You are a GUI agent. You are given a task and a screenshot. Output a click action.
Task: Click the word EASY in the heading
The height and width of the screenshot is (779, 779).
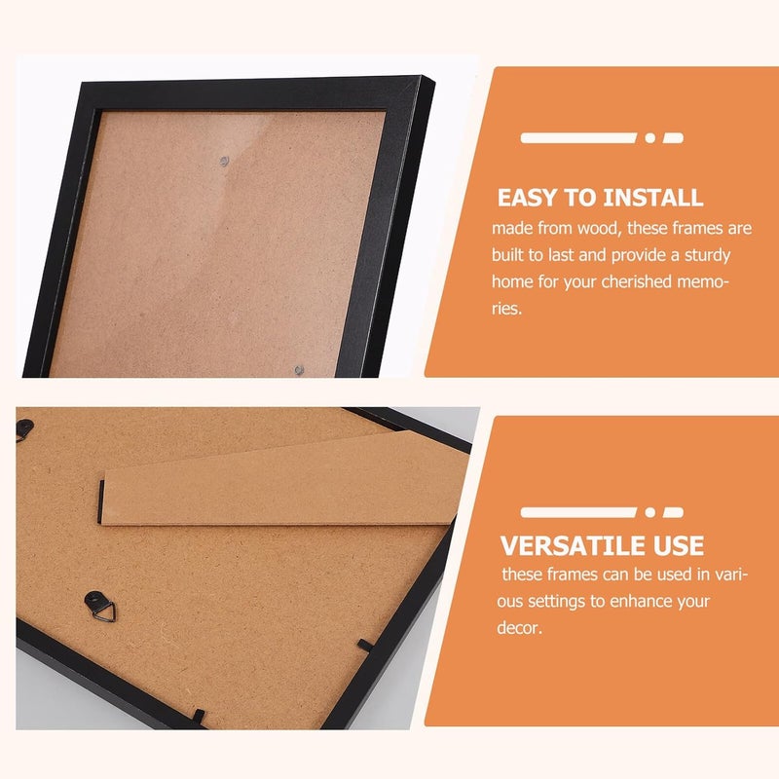tap(528, 198)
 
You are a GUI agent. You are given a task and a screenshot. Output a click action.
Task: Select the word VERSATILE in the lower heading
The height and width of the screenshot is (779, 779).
tap(573, 546)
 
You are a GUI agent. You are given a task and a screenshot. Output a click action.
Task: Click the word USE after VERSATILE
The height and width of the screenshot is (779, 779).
tap(679, 546)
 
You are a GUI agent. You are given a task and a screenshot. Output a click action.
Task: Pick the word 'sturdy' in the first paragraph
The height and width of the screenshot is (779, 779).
tap(708, 256)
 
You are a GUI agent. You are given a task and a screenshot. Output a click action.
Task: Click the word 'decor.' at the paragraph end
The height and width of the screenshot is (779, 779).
tap(519, 628)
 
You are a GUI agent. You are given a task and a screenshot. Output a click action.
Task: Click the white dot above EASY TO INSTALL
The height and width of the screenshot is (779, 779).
tap(649, 138)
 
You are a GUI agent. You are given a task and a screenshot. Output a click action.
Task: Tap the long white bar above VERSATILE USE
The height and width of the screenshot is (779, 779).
tap(578, 512)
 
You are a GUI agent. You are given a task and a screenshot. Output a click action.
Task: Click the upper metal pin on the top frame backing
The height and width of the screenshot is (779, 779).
tap(224, 161)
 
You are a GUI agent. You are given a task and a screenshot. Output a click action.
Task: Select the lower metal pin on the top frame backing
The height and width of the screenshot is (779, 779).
tap(299, 370)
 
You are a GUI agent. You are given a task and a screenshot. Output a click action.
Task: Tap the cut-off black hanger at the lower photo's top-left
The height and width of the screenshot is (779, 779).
tap(23, 429)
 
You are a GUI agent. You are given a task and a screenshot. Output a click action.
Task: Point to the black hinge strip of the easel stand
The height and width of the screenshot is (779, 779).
tap(102, 501)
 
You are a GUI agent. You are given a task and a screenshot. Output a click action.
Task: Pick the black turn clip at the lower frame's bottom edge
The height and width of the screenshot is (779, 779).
tap(198, 717)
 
